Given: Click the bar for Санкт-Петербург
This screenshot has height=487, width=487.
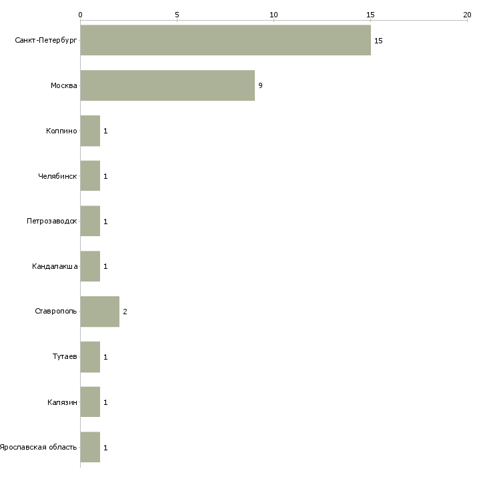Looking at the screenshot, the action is click(225, 40).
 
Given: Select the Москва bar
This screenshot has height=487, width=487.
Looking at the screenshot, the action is click(167, 85).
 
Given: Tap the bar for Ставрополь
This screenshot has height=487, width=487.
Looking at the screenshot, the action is click(99, 312).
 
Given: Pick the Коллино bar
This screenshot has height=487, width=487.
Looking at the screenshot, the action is click(90, 131).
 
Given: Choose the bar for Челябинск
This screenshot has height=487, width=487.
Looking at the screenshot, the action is click(90, 176).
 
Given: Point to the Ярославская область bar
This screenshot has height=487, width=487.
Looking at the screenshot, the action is click(90, 447).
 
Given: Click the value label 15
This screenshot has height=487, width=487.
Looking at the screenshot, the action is click(378, 41).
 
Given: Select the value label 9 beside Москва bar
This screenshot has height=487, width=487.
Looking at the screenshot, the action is click(260, 85).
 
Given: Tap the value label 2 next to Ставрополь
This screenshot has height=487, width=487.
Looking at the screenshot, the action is click(125, 312).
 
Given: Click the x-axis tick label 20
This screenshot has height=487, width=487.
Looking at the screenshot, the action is click(467, 15).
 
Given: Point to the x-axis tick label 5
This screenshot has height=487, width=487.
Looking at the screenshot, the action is click(177, 15).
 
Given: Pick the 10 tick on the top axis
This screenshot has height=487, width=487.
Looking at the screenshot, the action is click(274, 15).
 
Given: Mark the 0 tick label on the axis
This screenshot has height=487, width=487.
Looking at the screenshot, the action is click(81, 15).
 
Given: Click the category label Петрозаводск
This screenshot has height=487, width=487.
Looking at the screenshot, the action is click(52, 221).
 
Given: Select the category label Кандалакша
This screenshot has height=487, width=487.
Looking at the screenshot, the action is click(55, 266).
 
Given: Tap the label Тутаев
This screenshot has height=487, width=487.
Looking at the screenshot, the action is click(65, 356).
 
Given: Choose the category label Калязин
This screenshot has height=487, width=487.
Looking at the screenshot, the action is click(62, 402).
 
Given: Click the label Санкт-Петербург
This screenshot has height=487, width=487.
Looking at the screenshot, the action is click(46, 40).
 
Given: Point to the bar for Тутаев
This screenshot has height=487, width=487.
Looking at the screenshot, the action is click(90, 357).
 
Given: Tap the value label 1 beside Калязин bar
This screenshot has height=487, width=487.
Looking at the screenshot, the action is click(105, 402).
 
